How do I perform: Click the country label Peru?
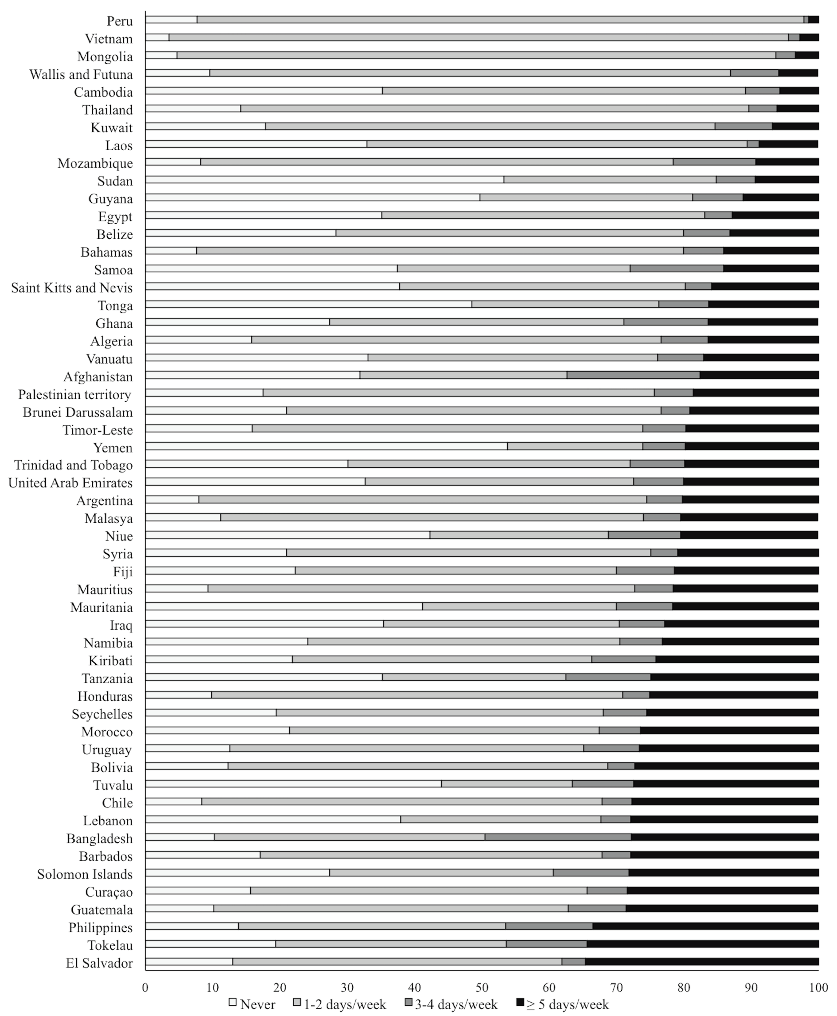click(120, 21)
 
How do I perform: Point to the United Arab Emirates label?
click(70, 483)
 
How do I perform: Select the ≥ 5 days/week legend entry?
click(562, 1004)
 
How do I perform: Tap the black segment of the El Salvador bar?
click(702, 962)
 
